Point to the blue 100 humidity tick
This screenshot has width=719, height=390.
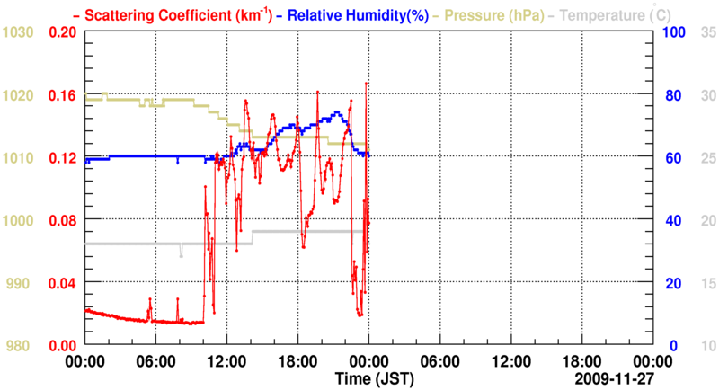click(x=675, y=32)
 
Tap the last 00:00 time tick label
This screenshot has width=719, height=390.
click(x=652, y=361)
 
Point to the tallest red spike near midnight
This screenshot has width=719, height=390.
click(x=366, y=84)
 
